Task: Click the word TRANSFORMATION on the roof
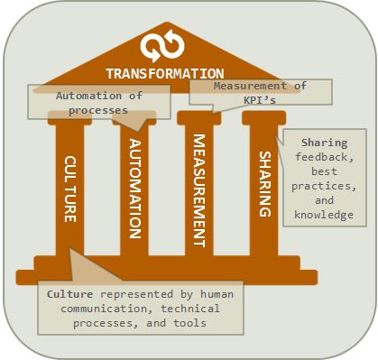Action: (165, 74)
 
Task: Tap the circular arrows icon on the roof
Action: (162, 46)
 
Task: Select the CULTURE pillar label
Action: (70, 189)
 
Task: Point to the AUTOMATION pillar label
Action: (135, 189)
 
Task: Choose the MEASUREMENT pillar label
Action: (199, 190)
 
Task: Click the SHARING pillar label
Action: (265, 184)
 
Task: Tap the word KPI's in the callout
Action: (260, 100)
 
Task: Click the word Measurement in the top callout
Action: (250, 86)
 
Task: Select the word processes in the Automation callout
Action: (98, 111)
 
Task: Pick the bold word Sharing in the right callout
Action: (325, 143)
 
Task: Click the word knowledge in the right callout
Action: (324, 215)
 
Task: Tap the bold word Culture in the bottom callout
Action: (69, 294)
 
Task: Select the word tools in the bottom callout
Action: (189, 323)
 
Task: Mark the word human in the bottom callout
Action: (217, 294)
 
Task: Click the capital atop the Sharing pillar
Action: (263, 118)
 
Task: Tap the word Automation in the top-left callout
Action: (88, 96)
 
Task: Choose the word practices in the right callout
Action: (324, 187)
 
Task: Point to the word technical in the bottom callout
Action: (190, 309)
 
